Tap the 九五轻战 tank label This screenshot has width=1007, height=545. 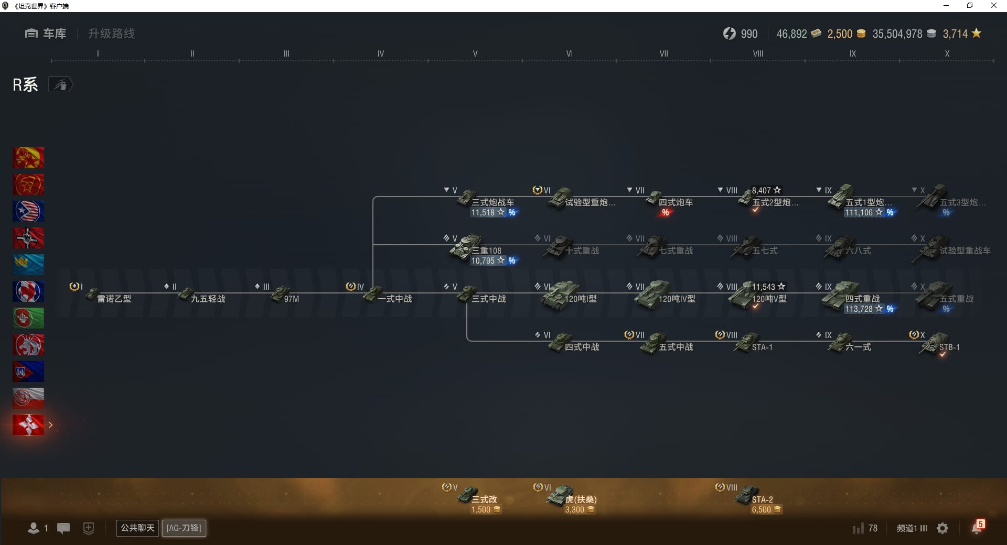[x=208, y=299]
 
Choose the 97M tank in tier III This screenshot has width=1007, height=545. [x=285, y=297]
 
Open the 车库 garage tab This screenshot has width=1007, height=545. [x=46, y=34]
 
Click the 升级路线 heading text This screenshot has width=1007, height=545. [x=111, y=34]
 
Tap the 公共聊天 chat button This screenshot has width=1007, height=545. [x=137, y=528]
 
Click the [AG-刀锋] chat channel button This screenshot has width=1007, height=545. [x=184, y=528]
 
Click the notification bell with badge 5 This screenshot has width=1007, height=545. [x=977, y=527]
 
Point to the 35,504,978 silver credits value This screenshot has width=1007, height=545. [x=897, y=34]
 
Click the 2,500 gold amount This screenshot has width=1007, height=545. [x=840, y=34]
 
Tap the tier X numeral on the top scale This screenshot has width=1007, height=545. [x=947, y=53]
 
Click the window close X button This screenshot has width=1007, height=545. [x=993, y=6]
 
